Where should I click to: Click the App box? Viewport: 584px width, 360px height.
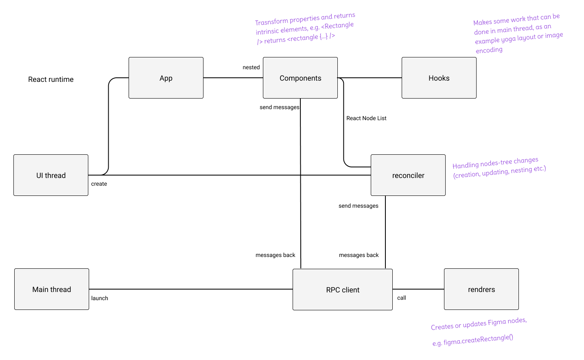[166, 78]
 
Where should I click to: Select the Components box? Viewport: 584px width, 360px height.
[300, 78]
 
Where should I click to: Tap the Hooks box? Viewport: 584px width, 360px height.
[439, 78]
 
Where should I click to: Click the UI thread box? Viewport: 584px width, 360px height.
[51, 175]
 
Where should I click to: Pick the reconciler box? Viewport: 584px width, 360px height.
[408, 175]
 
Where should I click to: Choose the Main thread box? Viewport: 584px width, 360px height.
[52, 289]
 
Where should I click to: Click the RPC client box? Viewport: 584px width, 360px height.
[343, 290]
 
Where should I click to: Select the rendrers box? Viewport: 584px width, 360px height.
[481, 289]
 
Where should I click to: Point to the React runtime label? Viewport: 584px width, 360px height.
[51, 79]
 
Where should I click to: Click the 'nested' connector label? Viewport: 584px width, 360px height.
[251, 67]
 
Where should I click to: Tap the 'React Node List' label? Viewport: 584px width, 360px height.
[366, 118]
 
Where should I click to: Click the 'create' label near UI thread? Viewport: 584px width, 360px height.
[99, 184]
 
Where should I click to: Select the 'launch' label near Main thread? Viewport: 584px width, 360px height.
[100, 298]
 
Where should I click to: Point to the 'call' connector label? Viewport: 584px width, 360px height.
[402, 298]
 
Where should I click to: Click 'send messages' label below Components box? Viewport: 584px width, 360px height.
[279, 107]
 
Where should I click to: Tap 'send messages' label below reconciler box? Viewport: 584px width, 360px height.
[358, 206]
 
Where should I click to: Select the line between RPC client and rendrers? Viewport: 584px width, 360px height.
[418, 289]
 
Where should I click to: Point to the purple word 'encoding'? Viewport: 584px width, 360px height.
[489, 50]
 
